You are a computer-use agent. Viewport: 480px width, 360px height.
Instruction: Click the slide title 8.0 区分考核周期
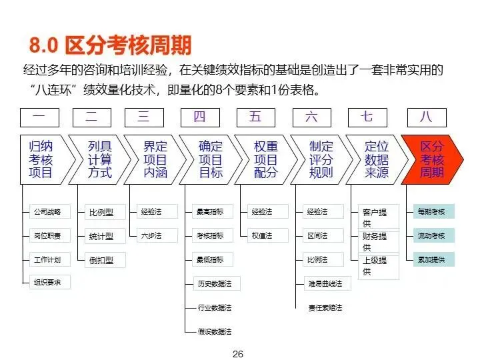tap(110, 45)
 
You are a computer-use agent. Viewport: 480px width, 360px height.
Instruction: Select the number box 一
tap(40, 117)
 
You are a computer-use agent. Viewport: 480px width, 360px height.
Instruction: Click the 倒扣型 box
tap(101, 260)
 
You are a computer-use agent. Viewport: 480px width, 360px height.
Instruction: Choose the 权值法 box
tap(261, 235)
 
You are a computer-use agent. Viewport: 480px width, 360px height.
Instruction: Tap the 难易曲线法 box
tap(325, 283)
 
